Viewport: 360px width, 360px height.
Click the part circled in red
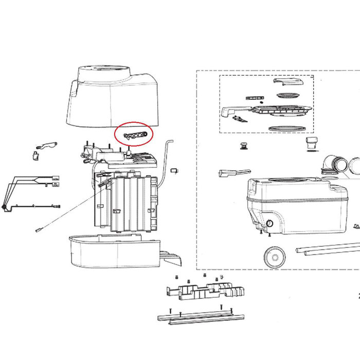tap(134, 135)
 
